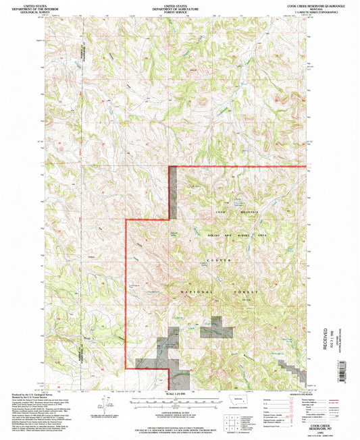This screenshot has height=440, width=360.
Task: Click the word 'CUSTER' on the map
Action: tap(222, 260)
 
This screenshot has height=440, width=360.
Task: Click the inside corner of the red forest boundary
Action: tap(169, 220)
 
